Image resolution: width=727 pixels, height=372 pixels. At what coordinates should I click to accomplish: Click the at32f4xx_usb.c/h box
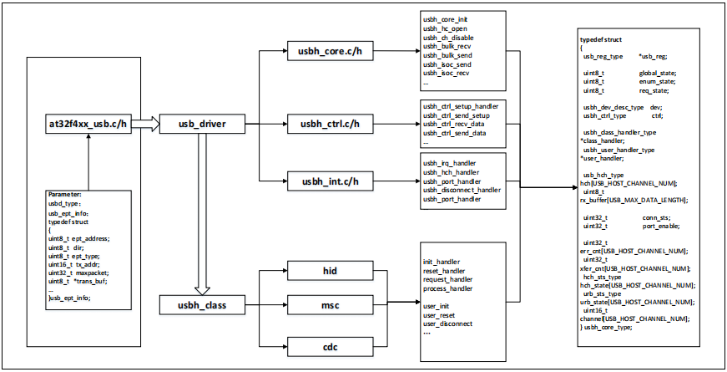(x=86, y=125)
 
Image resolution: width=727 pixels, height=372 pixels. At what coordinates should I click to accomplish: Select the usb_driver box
(x=198, y=125)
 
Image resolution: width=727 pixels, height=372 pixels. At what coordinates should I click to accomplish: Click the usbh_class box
(x=198, y=305)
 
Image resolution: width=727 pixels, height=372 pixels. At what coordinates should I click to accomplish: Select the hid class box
(x=324, y=271)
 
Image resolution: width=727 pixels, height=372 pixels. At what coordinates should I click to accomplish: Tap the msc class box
(x=324, y=306)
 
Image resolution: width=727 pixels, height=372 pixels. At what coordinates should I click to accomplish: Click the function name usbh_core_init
(x=447, y=18)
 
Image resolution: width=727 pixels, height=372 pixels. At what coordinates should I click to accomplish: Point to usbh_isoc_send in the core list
(x=447, y=64)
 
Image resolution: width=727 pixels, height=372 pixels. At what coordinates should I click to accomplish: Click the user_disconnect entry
(x=448, y=324)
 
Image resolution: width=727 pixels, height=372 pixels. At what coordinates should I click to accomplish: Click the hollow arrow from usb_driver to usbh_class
(x=198, y=213)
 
